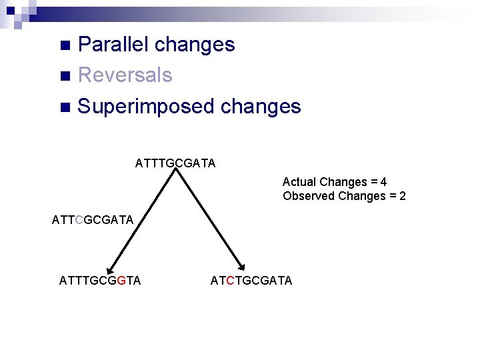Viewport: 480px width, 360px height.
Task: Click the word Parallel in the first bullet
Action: pyautogui.click(x=113, y=45)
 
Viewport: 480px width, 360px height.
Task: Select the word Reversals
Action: pyautogui.click(x=125, y=75)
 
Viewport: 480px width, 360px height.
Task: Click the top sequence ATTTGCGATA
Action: pyautogui.click(x=175, y=163)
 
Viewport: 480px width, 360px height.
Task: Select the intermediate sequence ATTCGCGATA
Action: pyautogui.click(x=93, y=219)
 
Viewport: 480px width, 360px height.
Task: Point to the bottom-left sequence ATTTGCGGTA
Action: pyautogui.click(x=100, y=281)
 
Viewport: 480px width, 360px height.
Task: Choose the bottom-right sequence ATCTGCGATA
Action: pyautogui.click(x=251, y=281)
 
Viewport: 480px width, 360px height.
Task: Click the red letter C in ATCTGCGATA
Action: pyautogui.click(x=231, y=281)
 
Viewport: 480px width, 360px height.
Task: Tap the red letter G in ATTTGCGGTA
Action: pyautogui.click(x=121, y=281)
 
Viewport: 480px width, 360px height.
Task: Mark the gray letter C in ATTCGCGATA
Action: pyautogui.click(x=80, y=219)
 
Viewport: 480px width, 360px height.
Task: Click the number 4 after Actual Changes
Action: pyautogui.click(x=384, y=182)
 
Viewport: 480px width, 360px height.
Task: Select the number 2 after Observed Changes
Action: pyautogui.click(x=402, y=196)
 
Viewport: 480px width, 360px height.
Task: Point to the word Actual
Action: pyautogui.click(x=299, y=182)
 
